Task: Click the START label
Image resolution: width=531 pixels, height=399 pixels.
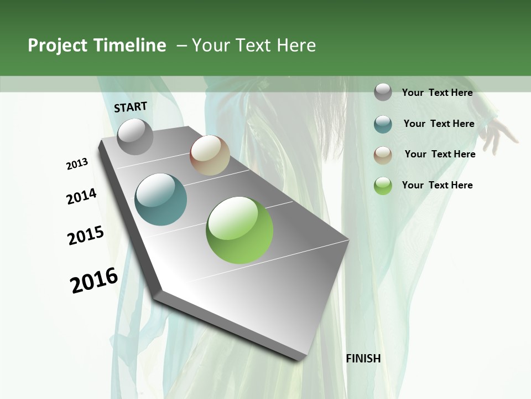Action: [x=131, y=107]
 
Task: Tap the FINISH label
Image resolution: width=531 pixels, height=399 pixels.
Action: [x=363, y=359]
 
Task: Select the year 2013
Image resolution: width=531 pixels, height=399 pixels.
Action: [x=77, y=164]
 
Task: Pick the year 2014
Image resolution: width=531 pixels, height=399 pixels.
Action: [x=81, y=197]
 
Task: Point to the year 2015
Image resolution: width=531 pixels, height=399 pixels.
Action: [x=86, y=236]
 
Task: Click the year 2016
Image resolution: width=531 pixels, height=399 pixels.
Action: [x=94, y=280]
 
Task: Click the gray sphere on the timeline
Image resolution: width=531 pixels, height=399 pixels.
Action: [x=135, y=136]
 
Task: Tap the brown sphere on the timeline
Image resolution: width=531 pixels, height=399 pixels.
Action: [x=210, y=155]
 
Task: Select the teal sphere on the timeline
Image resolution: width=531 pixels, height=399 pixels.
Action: [x=161, y=199]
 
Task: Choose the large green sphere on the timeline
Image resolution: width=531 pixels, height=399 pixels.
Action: [x=240, y=230]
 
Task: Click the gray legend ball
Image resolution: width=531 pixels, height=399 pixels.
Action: [x=383, y=93]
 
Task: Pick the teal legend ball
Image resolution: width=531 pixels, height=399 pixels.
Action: [x=383, y=124]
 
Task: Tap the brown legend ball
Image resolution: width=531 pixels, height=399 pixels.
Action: [x=383, y=155]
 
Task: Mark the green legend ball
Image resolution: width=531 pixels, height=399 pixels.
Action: [x=383, y=186]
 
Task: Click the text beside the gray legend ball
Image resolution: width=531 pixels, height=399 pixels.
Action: [x=437, y=93]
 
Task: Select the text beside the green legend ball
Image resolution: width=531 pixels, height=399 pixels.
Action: [x=437, y=185]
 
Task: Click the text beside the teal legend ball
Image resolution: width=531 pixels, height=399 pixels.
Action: [x=439, y=124]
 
